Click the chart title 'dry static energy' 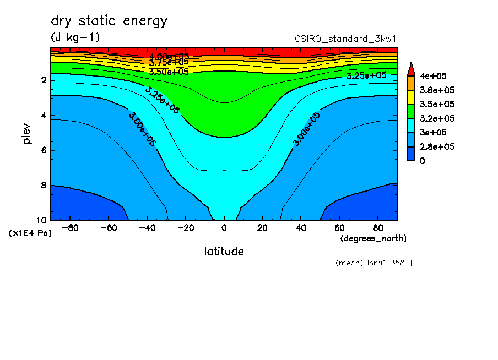coord(109,21)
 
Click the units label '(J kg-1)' coord(75,37)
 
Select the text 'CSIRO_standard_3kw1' coord(346,39)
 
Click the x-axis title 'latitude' coord(224,252)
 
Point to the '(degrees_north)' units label coord(373,238)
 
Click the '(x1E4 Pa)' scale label coord(30,233)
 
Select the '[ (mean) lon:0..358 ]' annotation coord(370,263)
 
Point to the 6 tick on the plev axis coord(44,150)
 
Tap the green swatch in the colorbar coord(410,111)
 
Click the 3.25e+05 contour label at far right coord(366,75)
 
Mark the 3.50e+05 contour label coord(169,72)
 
